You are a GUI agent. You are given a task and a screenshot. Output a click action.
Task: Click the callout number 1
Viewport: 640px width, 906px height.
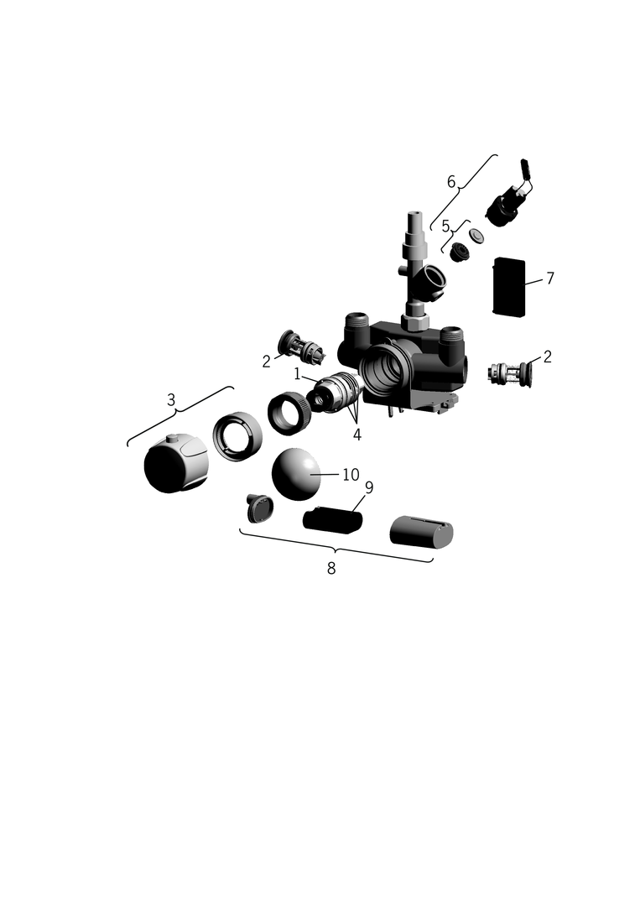(297, 374)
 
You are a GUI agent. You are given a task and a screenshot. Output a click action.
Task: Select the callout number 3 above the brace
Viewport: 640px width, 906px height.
(171, 399)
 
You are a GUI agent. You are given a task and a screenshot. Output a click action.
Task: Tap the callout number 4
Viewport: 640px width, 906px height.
(357, 435)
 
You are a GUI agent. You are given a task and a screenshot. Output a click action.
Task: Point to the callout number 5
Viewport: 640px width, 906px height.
(445, 226)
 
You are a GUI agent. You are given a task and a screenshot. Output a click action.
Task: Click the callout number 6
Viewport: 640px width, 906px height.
(451, 181)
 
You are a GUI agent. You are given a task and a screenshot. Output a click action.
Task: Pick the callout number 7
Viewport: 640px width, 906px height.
(550, 278)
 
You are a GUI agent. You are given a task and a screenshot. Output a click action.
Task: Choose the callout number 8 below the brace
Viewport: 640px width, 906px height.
(331, 568)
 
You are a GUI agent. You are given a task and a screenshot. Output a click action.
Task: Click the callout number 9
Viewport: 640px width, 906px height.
(369, 487)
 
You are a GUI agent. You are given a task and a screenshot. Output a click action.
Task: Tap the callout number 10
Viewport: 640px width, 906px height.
(351, 474)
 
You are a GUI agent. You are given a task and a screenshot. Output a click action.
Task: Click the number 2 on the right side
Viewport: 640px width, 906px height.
(547, 357)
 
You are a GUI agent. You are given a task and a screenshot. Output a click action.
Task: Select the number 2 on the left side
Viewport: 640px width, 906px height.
(266, 362)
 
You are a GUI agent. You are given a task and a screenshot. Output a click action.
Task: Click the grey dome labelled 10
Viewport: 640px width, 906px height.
(296, 474)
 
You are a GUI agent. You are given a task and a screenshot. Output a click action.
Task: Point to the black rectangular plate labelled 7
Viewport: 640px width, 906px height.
(509, 287)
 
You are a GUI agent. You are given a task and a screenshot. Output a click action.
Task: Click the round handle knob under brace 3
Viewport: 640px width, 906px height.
(174, 463)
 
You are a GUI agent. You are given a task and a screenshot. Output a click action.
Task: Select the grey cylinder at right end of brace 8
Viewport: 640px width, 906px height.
(421, 531)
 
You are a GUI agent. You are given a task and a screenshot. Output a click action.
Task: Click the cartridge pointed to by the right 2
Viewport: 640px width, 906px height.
(510, 373)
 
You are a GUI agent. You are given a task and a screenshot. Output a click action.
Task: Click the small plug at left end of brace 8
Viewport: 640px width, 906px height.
(259, 508)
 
